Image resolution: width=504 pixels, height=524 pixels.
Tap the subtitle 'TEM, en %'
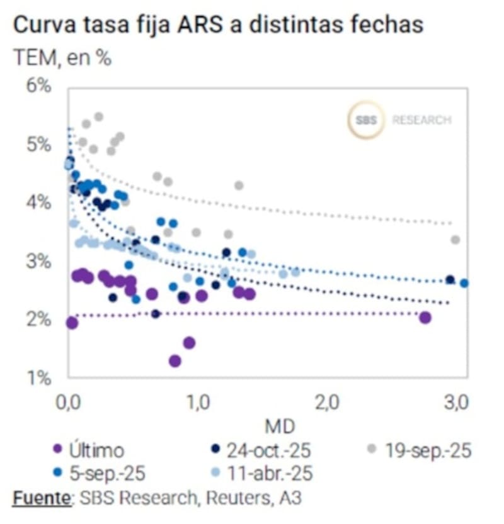(62, 59)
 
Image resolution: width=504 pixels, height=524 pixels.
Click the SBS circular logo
(365, 120)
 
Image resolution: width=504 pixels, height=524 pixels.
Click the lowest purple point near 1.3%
(175, 361)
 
